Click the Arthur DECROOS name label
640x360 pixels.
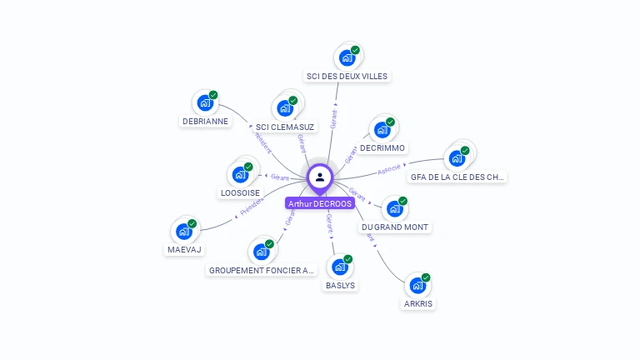pos(320,203)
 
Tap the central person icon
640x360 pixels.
pos(320,177)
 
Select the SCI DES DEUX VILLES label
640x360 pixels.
pos(347,77)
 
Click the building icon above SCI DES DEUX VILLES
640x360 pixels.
pos(347,57)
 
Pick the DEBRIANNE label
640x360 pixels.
pos(205,121)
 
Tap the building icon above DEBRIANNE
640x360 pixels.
pos(205,102)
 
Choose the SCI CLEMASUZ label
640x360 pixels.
pos(285,127)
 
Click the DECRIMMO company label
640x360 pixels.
pos(382,148)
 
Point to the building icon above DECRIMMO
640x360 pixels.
pos(382,129)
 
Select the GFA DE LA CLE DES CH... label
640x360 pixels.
pos(457,177)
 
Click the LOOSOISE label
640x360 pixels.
pos(240,192)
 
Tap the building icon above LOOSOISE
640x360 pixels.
pos(240,173)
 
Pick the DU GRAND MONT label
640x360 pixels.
pos(396,227)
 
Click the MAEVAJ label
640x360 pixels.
pos(184,249)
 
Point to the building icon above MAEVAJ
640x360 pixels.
pos(184,231)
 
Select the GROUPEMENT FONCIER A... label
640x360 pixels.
pos(262,270)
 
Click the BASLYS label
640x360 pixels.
pos(340,285)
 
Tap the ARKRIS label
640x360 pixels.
pos(419,304)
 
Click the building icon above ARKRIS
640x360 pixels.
pos(418,285)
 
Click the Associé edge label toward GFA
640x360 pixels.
pos(389,169)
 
